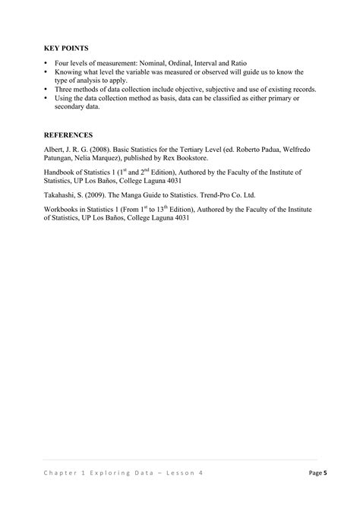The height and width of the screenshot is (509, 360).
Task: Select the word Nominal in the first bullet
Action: [156, 63]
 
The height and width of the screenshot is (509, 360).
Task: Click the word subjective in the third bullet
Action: [204, 90]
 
